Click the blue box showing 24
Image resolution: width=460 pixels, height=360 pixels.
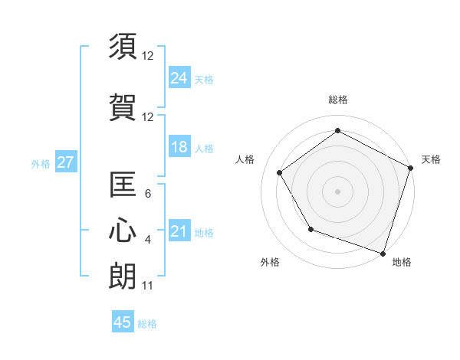(x=179, y=77)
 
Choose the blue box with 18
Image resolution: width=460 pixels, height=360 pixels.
(x=179, y=147)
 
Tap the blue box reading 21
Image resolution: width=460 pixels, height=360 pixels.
(x=179, y=231)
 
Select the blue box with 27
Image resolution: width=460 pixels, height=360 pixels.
(x=65, y=162)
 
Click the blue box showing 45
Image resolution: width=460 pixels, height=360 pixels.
(x=123, y=322)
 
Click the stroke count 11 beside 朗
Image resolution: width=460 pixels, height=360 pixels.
(x=147, y=286)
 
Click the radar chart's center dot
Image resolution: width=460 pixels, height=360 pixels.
(x=337, y=191)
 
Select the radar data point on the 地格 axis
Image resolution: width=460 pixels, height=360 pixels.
(x=383, y=253)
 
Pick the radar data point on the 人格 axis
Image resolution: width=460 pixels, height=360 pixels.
(x=279, y=172)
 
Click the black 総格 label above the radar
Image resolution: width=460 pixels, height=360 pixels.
(x=337, y=100)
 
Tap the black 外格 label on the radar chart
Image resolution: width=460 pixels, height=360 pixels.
(x=270, y=262)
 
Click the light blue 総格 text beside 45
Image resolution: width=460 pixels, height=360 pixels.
(x=147, y=324)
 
